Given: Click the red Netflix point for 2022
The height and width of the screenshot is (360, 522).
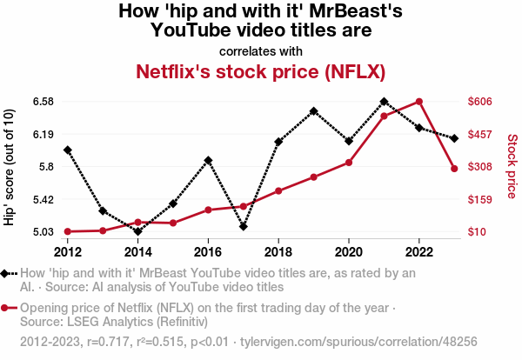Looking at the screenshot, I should coord(419,102).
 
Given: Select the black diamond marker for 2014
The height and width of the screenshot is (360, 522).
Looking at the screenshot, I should coord(137,231).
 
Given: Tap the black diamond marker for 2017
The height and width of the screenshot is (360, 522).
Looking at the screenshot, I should coord(244,227).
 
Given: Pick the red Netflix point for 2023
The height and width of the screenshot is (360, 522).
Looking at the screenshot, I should coord(454,168).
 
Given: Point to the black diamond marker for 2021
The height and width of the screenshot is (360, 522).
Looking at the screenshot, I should coord(384,102).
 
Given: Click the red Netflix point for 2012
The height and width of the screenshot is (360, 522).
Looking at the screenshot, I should coord(68,231).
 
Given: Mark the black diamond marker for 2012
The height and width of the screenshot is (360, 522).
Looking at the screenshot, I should coord(68,150).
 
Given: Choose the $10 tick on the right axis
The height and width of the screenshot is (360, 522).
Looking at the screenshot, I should coord(477,231).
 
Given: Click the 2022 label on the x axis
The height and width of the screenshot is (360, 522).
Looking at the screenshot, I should coord(419,252).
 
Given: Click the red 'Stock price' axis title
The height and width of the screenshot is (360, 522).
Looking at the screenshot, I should coord(512,165).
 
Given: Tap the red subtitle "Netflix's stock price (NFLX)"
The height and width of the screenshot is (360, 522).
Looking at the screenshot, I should coord(260,70).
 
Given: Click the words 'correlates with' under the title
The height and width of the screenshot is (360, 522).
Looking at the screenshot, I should coord(260,50).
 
